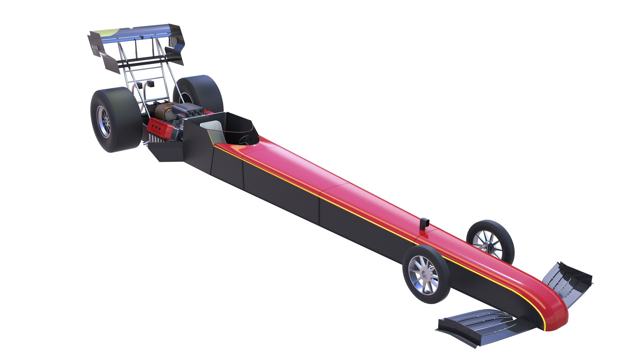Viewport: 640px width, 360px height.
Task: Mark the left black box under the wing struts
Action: [140, 85]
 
